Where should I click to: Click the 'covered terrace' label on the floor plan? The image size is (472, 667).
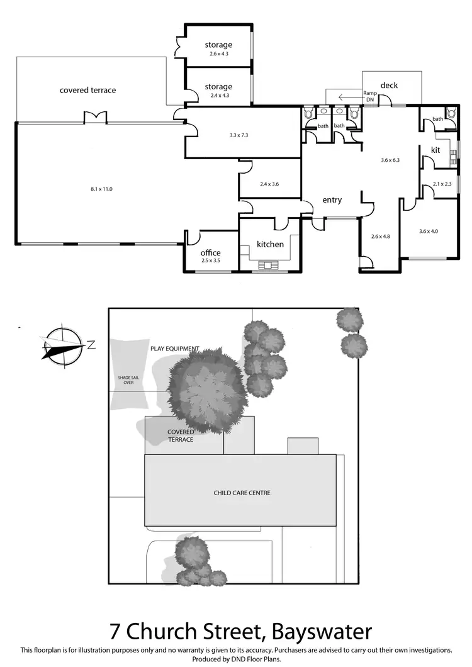87,90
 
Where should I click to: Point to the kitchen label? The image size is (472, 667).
270,244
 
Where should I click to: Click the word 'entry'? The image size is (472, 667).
332,200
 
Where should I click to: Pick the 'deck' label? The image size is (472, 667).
389,86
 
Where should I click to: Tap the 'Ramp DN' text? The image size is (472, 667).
369,96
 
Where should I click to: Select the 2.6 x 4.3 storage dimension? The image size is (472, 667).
218,54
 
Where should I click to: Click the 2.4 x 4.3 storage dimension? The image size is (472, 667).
218,96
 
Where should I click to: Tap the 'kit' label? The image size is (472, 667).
435,150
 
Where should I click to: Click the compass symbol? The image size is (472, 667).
62,345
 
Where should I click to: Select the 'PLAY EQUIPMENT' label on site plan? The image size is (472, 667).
174,349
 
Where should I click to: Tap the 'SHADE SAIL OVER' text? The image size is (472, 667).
124,380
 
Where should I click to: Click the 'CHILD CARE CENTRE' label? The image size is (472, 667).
242,493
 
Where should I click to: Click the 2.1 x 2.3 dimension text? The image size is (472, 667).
442,184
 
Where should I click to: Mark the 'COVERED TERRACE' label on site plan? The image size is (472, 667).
180,435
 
